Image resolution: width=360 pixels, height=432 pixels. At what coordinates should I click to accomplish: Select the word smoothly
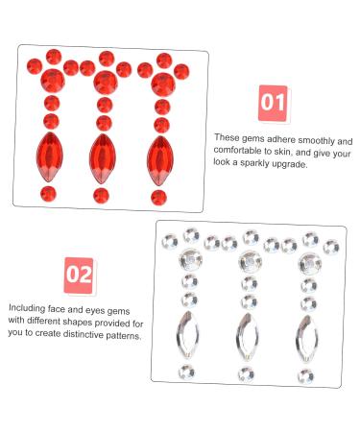pyautogui.click(x=309, y=138)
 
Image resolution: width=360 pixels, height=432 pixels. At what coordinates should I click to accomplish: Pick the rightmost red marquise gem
pyautogui.click(x=159, y=157)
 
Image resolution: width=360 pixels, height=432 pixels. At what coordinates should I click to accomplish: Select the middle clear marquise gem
pyautogui.click(x=248, y=336)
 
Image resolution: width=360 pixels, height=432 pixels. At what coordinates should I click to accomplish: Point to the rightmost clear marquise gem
pyautogui.click(x=308, y=335)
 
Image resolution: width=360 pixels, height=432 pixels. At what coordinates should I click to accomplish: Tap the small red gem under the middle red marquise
pyautogui.click(x=102, y=195)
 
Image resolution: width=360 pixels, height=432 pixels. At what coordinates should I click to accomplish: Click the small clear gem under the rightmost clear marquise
pyautogui.click(x=306, y=372)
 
